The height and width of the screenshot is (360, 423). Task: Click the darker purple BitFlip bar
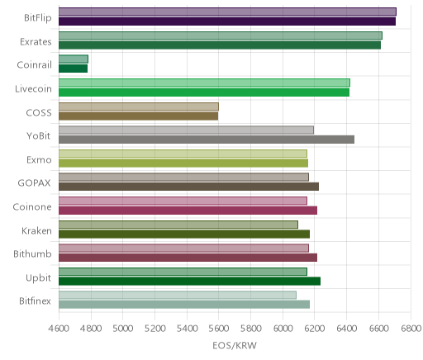(227, 21)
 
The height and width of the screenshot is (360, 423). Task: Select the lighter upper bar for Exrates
(221, 36)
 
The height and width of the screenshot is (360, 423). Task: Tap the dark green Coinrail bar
(73, 69)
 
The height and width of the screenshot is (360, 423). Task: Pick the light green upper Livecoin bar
(204, 83)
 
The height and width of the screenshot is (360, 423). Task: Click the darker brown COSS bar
(138, 116)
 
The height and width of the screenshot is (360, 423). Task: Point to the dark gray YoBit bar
(207, 140)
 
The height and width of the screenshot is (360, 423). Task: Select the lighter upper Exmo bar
(183, 154)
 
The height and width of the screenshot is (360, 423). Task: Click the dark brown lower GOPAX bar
(188, 187)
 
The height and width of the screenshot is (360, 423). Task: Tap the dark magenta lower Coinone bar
(188, 211)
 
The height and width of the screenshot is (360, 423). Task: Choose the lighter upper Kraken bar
(178, 225)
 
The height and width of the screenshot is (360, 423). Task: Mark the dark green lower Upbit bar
(189, 282)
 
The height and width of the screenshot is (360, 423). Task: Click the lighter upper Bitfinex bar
(178, 295)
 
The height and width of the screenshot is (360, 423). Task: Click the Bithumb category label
(32, 253)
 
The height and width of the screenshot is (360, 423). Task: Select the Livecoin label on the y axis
(33, 88)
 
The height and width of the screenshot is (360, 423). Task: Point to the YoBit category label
(39, 135)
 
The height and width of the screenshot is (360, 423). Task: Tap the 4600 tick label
(59, 329)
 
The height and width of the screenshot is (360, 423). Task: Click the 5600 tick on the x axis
(219, 329)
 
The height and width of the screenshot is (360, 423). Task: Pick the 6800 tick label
(411, 329)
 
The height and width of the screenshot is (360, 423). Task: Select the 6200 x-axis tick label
(315, 329)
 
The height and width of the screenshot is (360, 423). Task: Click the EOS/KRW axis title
(235, 345)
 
